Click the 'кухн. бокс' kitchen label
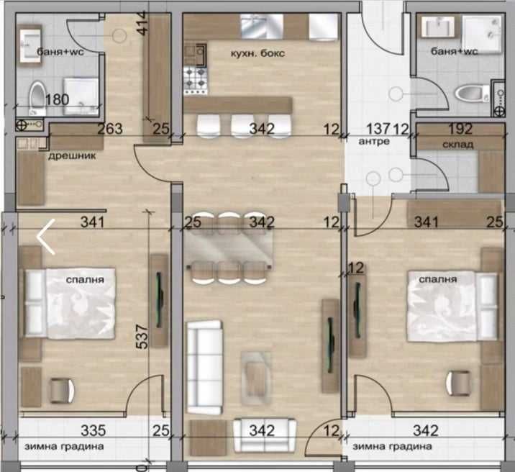pos(257,53)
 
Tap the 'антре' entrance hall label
pos(374,141)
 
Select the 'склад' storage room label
pos(458,145)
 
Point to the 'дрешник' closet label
pos(72,155)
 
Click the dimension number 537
pos(142,336)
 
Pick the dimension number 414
pos(143,23)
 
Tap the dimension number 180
pos(57,99)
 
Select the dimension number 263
pos(110,128)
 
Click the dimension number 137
pos(378,129)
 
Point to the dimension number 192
pos(460,129)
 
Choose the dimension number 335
pos(94,430)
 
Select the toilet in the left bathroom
pos(37,98)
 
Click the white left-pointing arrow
pos(45,237)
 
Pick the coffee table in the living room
pos(256,378)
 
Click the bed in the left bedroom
pos(70,304)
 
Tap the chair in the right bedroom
pos(457,383)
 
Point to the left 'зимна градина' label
pos(64,447)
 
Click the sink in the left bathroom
pos(30,45)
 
